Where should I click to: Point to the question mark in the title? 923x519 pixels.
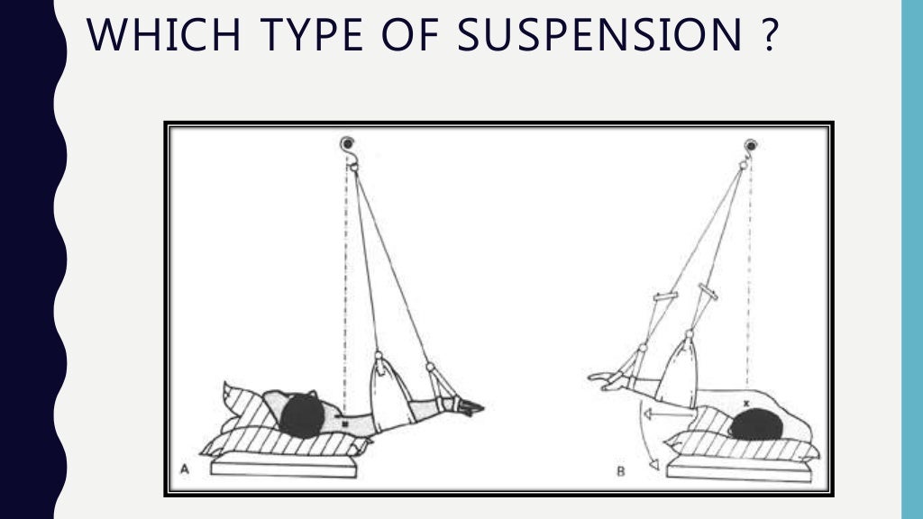[765, 36]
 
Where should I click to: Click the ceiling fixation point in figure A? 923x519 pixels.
[346, 144]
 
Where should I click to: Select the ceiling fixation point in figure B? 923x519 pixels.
[749, 144]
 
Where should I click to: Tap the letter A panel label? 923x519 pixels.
[185, 469]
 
